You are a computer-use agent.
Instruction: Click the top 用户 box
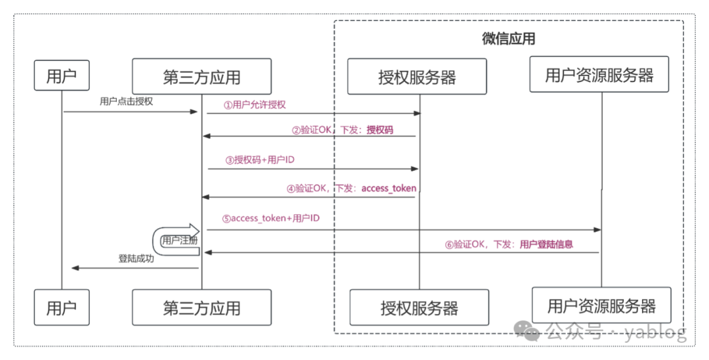click(62, 76)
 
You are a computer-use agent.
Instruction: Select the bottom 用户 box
click(62, 307)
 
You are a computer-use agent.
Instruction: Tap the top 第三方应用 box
click(202, 76)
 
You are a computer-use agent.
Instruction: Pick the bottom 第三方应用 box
click(202, 307)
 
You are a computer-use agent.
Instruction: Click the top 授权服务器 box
click(417, 76)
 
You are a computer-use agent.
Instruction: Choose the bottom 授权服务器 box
click(419, 307)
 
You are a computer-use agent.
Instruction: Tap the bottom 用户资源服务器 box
click(601, 305)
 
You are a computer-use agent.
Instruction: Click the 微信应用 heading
click(509, 39)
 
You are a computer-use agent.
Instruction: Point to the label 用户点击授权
click(126, 102)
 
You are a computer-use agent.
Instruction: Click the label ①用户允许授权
click(255, 104)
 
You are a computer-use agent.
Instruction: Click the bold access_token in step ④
click(389, 188)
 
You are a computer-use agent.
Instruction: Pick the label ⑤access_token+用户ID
click(270, 217)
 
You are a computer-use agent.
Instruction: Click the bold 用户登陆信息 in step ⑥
click(546, 244)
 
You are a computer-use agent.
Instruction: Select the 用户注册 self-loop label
click(179, 240)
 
